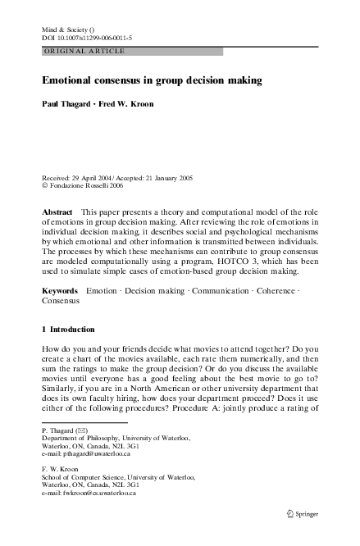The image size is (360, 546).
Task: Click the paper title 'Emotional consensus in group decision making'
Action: tap(151, 81)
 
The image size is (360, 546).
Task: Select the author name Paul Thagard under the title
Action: tap(66, 105)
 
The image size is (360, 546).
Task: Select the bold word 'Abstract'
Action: tap(57, 212)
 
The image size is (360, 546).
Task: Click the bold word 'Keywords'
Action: tap(60, 291)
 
